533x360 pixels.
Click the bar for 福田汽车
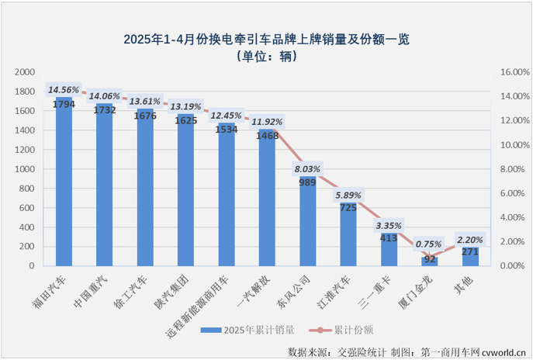coord(64,186)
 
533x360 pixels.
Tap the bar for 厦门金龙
coord(429,261)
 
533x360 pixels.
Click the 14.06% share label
coord(104,97)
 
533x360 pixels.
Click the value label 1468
coord(267,136)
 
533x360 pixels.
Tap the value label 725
coord(348,207)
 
